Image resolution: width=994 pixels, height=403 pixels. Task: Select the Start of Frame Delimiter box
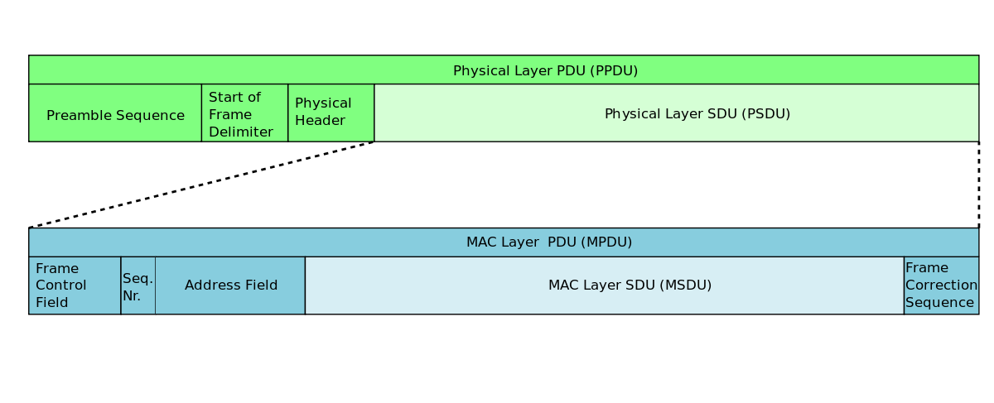(x=244, y=113)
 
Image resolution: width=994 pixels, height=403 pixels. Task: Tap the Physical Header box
(x=331, y=113)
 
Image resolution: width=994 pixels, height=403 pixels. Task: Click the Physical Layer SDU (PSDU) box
(x=676, y=113)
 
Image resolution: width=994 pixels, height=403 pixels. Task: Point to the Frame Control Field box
(x=75, y=285)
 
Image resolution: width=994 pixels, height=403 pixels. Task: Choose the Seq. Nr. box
(x=138, y=286)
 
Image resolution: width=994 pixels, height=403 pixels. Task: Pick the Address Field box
(x=229, y=285)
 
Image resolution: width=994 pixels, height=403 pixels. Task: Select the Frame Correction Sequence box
(x=941, y=285)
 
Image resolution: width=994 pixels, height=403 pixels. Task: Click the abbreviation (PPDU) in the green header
(x=614, y=71)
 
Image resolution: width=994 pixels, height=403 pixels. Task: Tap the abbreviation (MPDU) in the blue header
(x=606, y=242)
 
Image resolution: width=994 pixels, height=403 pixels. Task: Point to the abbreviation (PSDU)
(x=767, y=114)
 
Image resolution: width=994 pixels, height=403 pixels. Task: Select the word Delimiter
(x=240, y=132)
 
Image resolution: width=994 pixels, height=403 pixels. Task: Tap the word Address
(x=211, y=285)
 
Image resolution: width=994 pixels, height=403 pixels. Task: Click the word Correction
(x=941, y=285)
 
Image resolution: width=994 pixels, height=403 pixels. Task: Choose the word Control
(x=60, y=285)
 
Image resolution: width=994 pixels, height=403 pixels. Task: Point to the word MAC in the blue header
(x=481, y=242)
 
